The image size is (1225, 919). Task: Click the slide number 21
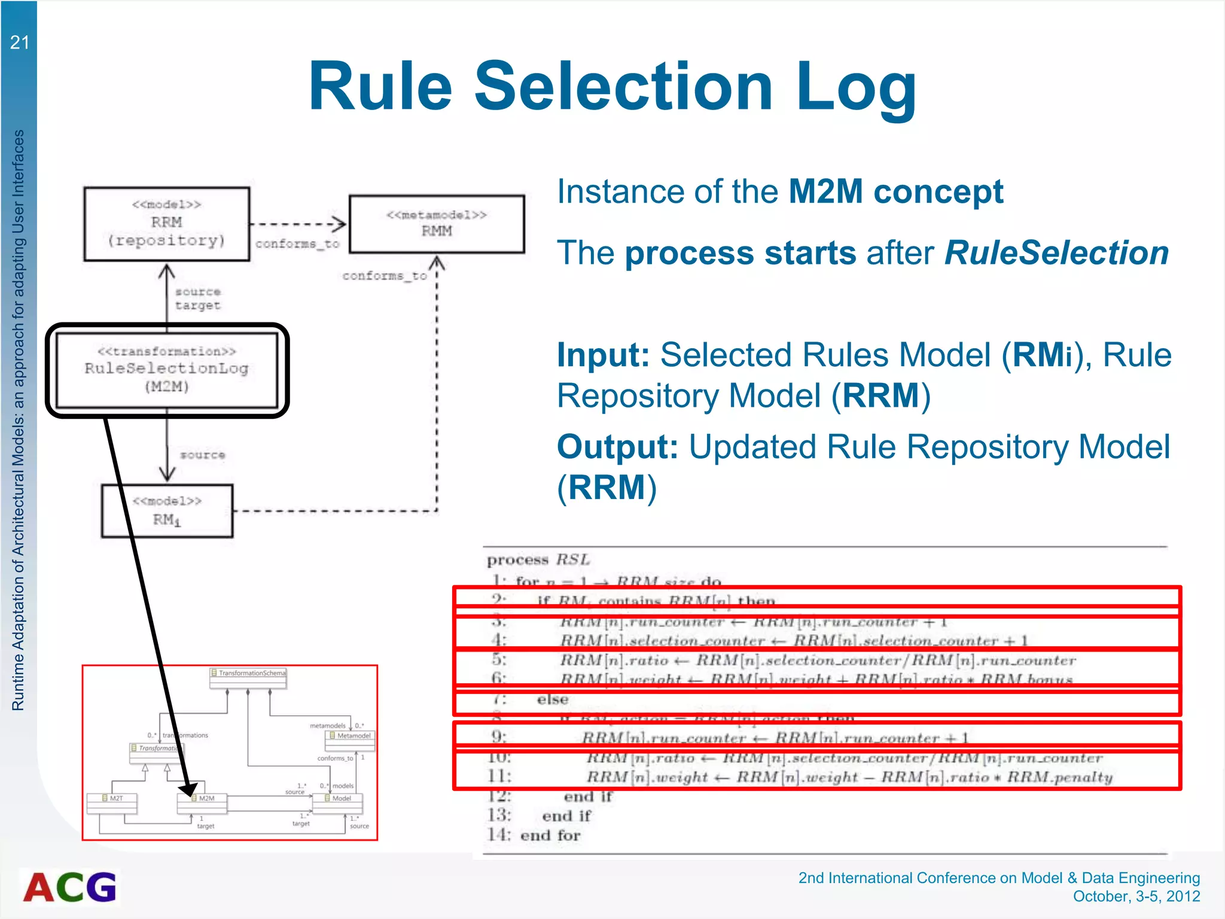pyautogui.click(x=19, y=42)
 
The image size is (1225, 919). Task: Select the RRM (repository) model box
pyautogui.click(x=166, y=224)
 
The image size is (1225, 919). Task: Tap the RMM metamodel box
pyautogui.click(x=437, y=224)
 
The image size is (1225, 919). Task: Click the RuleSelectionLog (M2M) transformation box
pyautogui.click(x=166, y=370)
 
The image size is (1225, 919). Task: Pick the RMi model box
pyautogui.click(x=167, y=511)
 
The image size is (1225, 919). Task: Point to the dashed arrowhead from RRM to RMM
pyautogui.click(x=339, y=224)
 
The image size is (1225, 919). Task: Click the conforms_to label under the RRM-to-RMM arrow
pyautogui.click(x=297, y=244)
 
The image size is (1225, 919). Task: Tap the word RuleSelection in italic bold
pyautogui.click(x=1056, y=253)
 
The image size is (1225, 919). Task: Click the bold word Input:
pyautogui.click(x=603, y=355)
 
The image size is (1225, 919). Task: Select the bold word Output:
pyautogui.click(x=617, y=447)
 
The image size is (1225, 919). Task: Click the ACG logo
pyautogui.click(x=70, y=887)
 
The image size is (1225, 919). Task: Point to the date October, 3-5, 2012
pyautogui.click(x=1136, y=896)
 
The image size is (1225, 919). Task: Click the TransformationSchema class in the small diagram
pyautogui.click(x=248, y=674)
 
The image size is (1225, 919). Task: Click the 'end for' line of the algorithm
pyautogui.click(x=550, y=835)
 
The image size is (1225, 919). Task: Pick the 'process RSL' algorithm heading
pyautogui.click(x=538, y=560)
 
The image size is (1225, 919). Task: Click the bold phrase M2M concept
pyautogui.click(x=895, y=192)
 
